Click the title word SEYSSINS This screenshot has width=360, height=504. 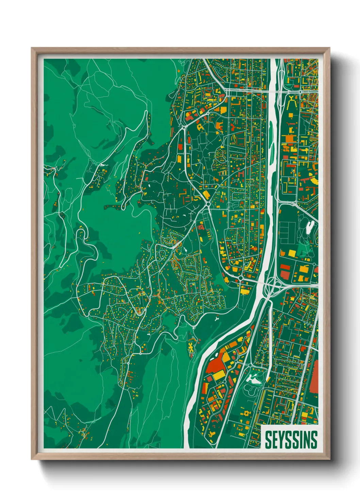coord(291,440)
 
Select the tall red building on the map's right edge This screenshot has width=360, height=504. coord(314,378)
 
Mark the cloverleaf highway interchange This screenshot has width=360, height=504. coord(273,282)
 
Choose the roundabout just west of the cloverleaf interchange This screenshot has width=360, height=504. coord(241,278)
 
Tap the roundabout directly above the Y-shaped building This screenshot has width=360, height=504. coord(300,91)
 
